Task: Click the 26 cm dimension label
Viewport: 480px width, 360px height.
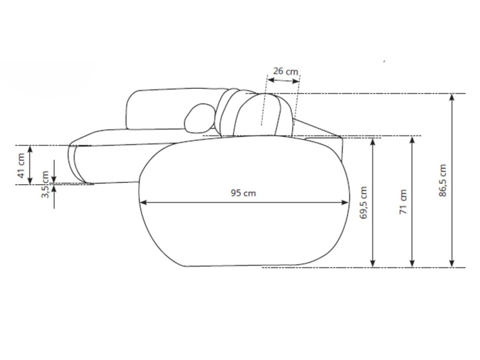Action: (285, 71)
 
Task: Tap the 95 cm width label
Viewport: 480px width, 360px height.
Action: (243, 193)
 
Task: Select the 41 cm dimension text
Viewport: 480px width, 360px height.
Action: (21, 166)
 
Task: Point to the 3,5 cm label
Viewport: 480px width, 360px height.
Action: (45, 184)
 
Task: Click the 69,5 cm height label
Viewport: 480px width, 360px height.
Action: (363, 203)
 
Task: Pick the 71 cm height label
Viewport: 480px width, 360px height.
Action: (403, 202)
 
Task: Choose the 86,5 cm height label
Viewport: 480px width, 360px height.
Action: (443, 180)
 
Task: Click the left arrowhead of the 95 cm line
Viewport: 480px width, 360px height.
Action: (143, 202)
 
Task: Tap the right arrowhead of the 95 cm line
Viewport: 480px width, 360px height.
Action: (345, 202)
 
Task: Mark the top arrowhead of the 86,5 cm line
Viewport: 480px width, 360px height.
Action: (452, 97)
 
